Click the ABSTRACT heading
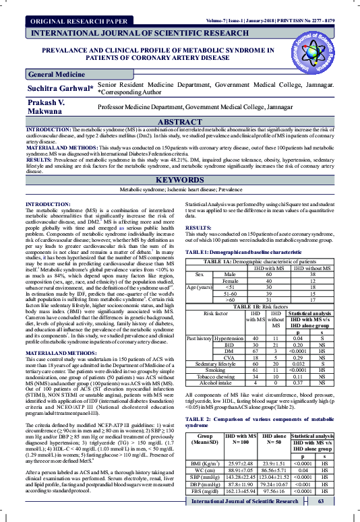click(180, 121)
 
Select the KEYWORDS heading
click(180, 181)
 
